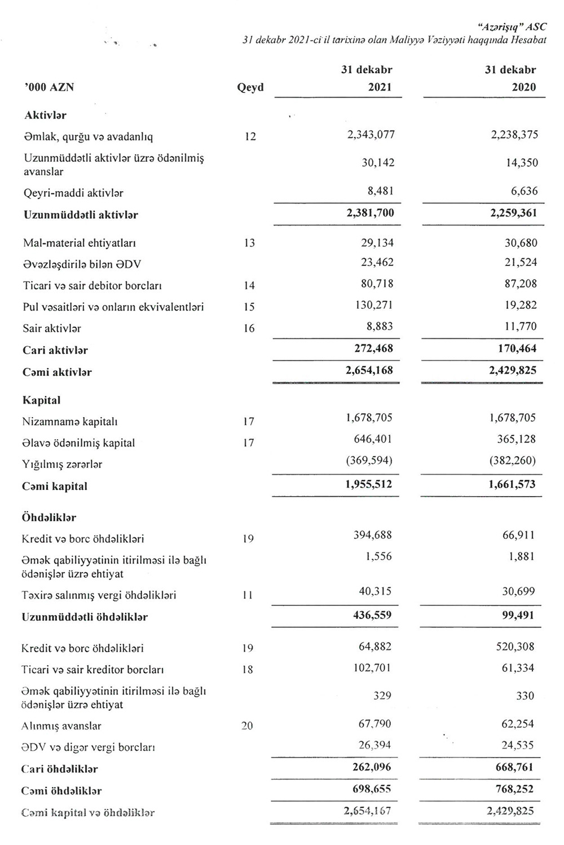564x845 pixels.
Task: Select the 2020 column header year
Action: [x=524, y=87]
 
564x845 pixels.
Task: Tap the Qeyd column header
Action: [x=250, y=87]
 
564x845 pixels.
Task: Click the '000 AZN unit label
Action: [x=49, y=87]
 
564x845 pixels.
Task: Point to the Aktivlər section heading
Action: [x=45, y=115]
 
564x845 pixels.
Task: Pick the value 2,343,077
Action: [x=371, y=135]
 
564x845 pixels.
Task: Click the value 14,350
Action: [x=521, y=163]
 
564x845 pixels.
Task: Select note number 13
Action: [x=249, y=243]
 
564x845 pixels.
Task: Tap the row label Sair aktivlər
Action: [x=52, y=328]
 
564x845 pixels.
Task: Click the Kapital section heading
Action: [x=41, y=400]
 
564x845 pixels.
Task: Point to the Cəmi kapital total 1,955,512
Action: [x=369, y=484]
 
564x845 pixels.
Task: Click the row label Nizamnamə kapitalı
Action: [x=70, y=422]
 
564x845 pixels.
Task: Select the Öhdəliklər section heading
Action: [x=49, y=517]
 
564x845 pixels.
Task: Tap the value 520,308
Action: [x=515, y=647]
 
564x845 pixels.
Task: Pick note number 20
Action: [x=247, y=726]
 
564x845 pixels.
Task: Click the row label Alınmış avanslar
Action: [x=61, y=726]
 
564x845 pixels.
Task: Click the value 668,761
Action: [x=513, y=767]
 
